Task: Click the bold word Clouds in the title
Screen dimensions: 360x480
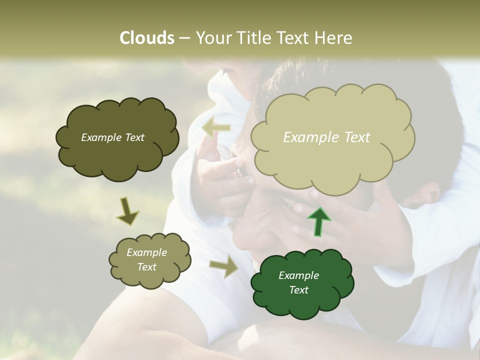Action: [146, 38]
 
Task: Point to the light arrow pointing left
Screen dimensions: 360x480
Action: [216, 128]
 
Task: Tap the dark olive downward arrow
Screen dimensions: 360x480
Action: [127, 212]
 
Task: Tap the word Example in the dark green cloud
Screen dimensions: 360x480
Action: [298, 275]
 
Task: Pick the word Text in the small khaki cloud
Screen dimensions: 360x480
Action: [147, 267]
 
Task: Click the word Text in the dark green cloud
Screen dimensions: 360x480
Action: [298, 290]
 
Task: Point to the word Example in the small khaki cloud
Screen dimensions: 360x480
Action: [147, 252]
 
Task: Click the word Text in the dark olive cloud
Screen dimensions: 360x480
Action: [134, 137]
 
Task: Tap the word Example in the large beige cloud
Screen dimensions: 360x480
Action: [310, 137]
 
